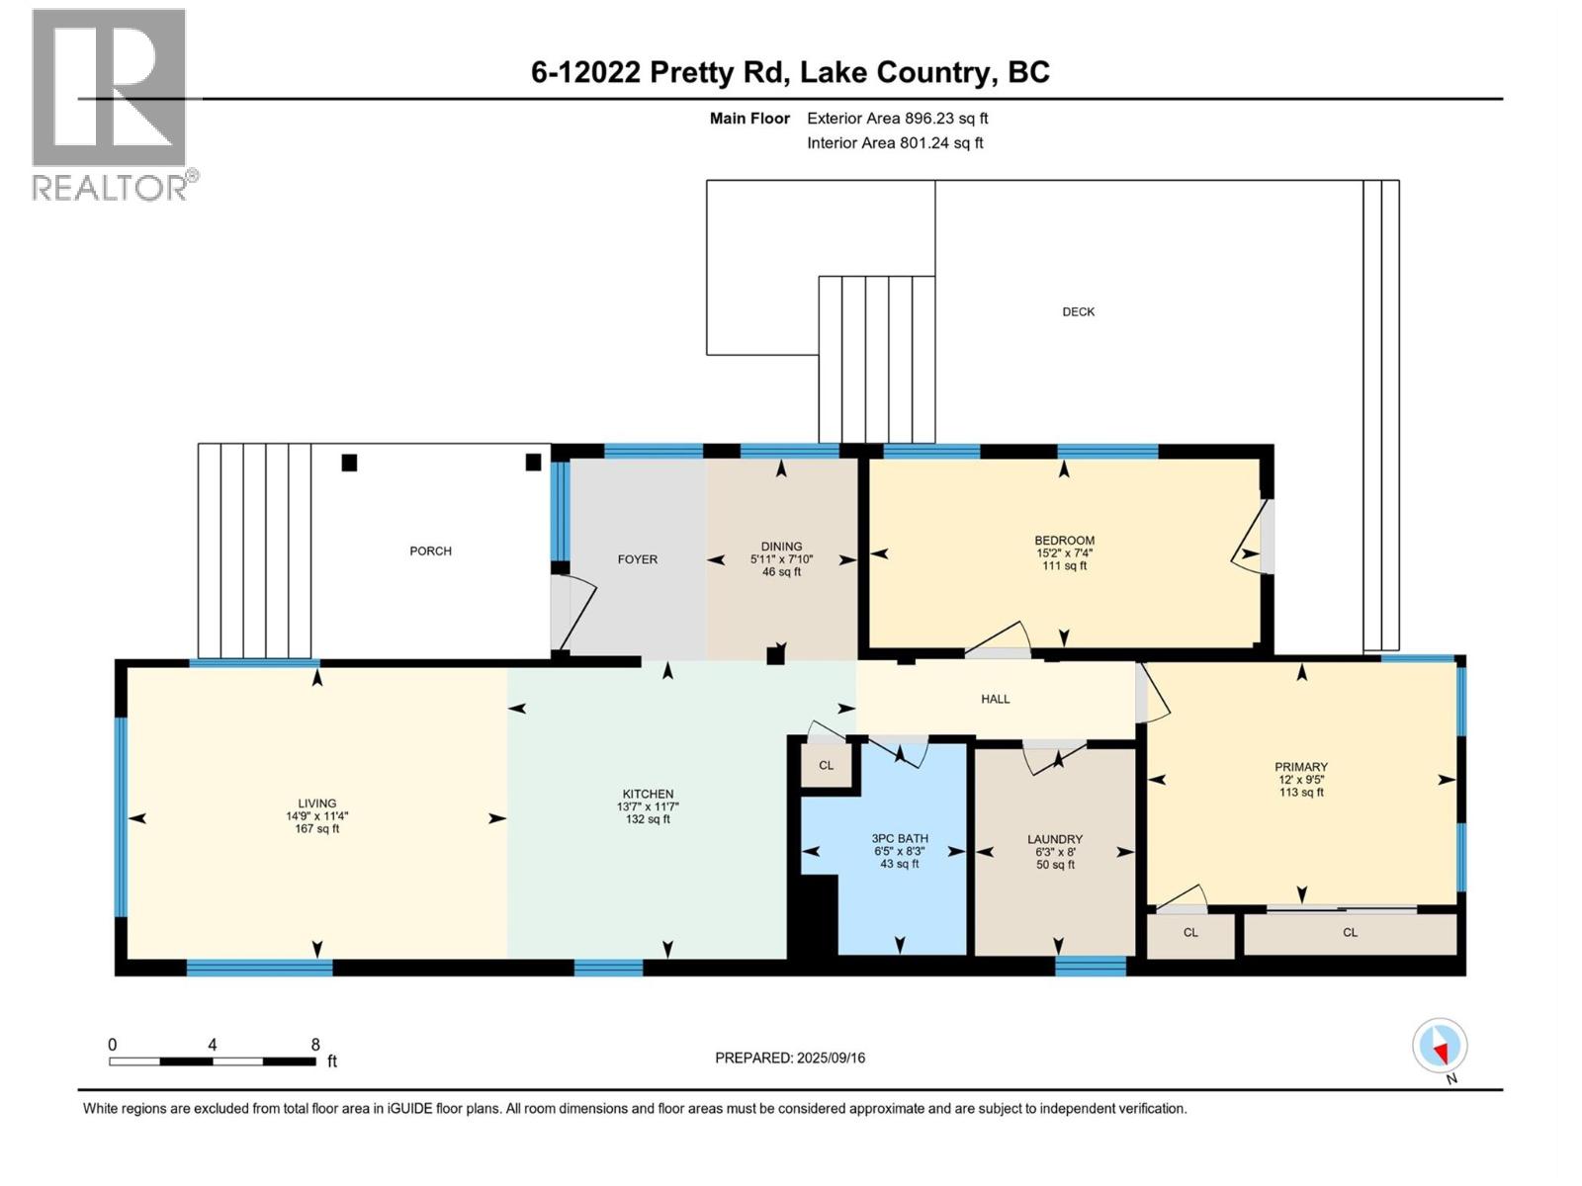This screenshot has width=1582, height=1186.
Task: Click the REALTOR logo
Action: pos(110,104)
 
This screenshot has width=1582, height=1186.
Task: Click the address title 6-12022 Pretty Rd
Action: pos(790,72)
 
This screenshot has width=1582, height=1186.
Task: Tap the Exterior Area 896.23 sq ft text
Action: pos(897,118)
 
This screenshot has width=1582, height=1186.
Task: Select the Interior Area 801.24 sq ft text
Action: pos(895,142)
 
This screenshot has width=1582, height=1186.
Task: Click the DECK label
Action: pos(1078,311)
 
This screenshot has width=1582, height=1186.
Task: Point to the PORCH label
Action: pos(430,551)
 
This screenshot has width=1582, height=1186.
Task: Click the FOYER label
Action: pos(637,559)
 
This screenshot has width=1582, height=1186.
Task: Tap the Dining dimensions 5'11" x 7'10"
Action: pos(781,559)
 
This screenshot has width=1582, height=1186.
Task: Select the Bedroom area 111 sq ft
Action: pos(1064,566)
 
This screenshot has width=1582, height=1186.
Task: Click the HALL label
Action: pos(995,699)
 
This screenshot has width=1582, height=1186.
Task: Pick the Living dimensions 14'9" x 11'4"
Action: pos(317,816)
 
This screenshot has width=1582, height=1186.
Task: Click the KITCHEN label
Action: pos(648,794)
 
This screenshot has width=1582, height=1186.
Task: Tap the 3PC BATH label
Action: pos(900,838)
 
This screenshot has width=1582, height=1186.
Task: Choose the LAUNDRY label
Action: pos(1054,839)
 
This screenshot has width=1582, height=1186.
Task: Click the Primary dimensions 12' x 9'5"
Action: pos(1300,779)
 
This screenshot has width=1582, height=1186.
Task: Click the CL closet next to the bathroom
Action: pos(826,765)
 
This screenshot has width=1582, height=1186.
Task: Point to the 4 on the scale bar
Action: pos(213,1045)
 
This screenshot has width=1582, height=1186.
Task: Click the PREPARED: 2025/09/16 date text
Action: pos(789,1058)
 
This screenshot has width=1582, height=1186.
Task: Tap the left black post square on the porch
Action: pos(349,462)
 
